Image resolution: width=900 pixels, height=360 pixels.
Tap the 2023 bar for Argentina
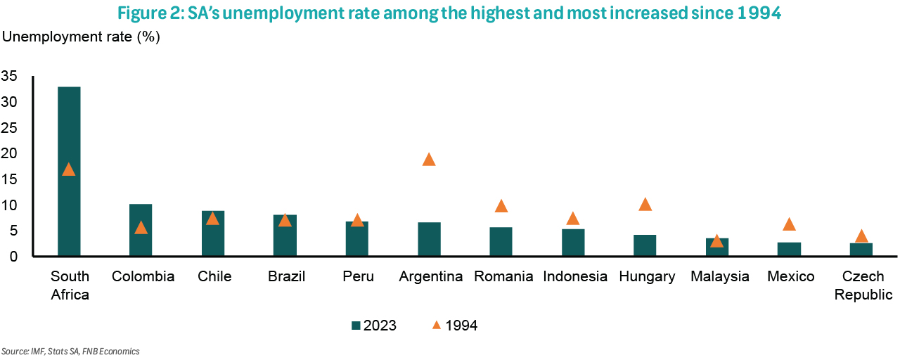click(x=429, y=240)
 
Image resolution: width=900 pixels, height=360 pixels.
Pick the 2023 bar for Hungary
click(x=645, y=246)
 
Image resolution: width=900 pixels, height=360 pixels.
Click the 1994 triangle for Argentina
click(x=429, y=160)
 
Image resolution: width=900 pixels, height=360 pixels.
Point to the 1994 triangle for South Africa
click(x=68, y=169)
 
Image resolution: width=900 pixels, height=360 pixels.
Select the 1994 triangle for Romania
click(x=501, y=206)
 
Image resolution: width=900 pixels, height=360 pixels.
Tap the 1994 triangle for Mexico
click(x=789, y=224)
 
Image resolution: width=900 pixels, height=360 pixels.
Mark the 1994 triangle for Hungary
click(x=645, y=205)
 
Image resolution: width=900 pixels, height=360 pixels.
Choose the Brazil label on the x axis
click(x=286, y=277)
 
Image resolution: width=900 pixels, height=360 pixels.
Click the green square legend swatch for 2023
click(x=356, y=326)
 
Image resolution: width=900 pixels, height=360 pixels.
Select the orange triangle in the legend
click(x=436, y=325)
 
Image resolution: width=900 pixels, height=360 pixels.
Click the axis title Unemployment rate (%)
click(x=82, y=37)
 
